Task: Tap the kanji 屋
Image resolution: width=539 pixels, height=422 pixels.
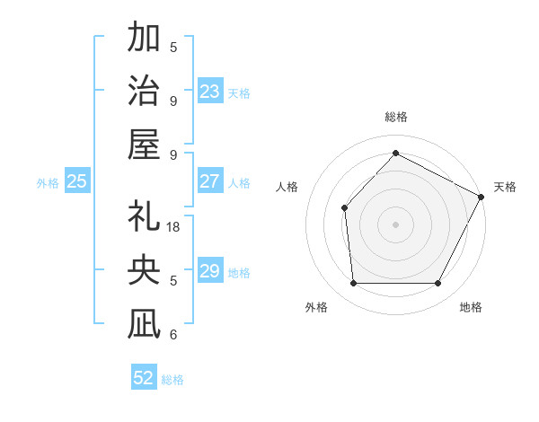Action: coord(144,144)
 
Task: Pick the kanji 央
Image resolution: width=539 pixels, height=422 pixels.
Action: coord(144,270)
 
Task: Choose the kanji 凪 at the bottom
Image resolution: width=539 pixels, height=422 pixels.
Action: coord(144,324)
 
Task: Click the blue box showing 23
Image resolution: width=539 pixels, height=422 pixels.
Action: coord(210,92)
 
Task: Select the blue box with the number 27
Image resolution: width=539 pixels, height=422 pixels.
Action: coord(210,181)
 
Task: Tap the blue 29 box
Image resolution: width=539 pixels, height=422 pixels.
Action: coord(210,271)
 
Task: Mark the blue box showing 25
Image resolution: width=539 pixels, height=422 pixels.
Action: coord(77,181)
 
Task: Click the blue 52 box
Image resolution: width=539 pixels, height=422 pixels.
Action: coord(144,378)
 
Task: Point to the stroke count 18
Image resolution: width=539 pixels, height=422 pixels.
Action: coord(174,227)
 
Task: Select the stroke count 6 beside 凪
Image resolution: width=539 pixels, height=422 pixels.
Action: coord(173,335)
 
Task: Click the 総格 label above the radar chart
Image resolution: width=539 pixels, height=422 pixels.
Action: coord(395,117)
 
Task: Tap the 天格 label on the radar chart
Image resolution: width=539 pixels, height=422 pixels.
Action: coord(505,187)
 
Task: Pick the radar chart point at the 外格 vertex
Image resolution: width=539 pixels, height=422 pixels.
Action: coord(353,284)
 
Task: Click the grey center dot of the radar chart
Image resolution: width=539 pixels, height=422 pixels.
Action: coord(395,224)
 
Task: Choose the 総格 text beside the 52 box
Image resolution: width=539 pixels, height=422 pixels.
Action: coord(172,380)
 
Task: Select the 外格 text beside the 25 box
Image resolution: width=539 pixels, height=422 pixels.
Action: coord(48,183)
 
